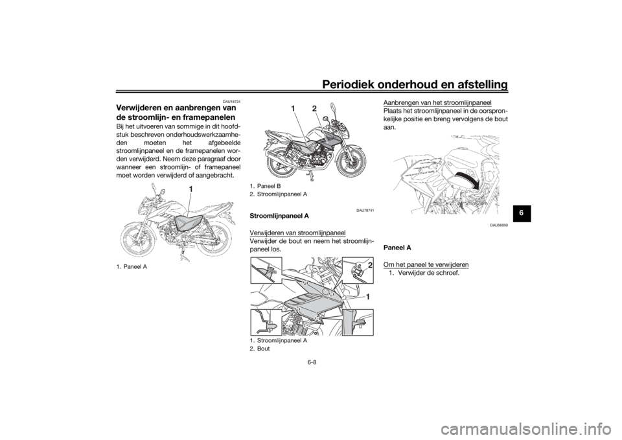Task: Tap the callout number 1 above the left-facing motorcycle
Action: [192, 188]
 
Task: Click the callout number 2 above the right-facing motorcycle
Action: [315, 107]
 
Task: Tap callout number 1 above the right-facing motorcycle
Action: [293, 107]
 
